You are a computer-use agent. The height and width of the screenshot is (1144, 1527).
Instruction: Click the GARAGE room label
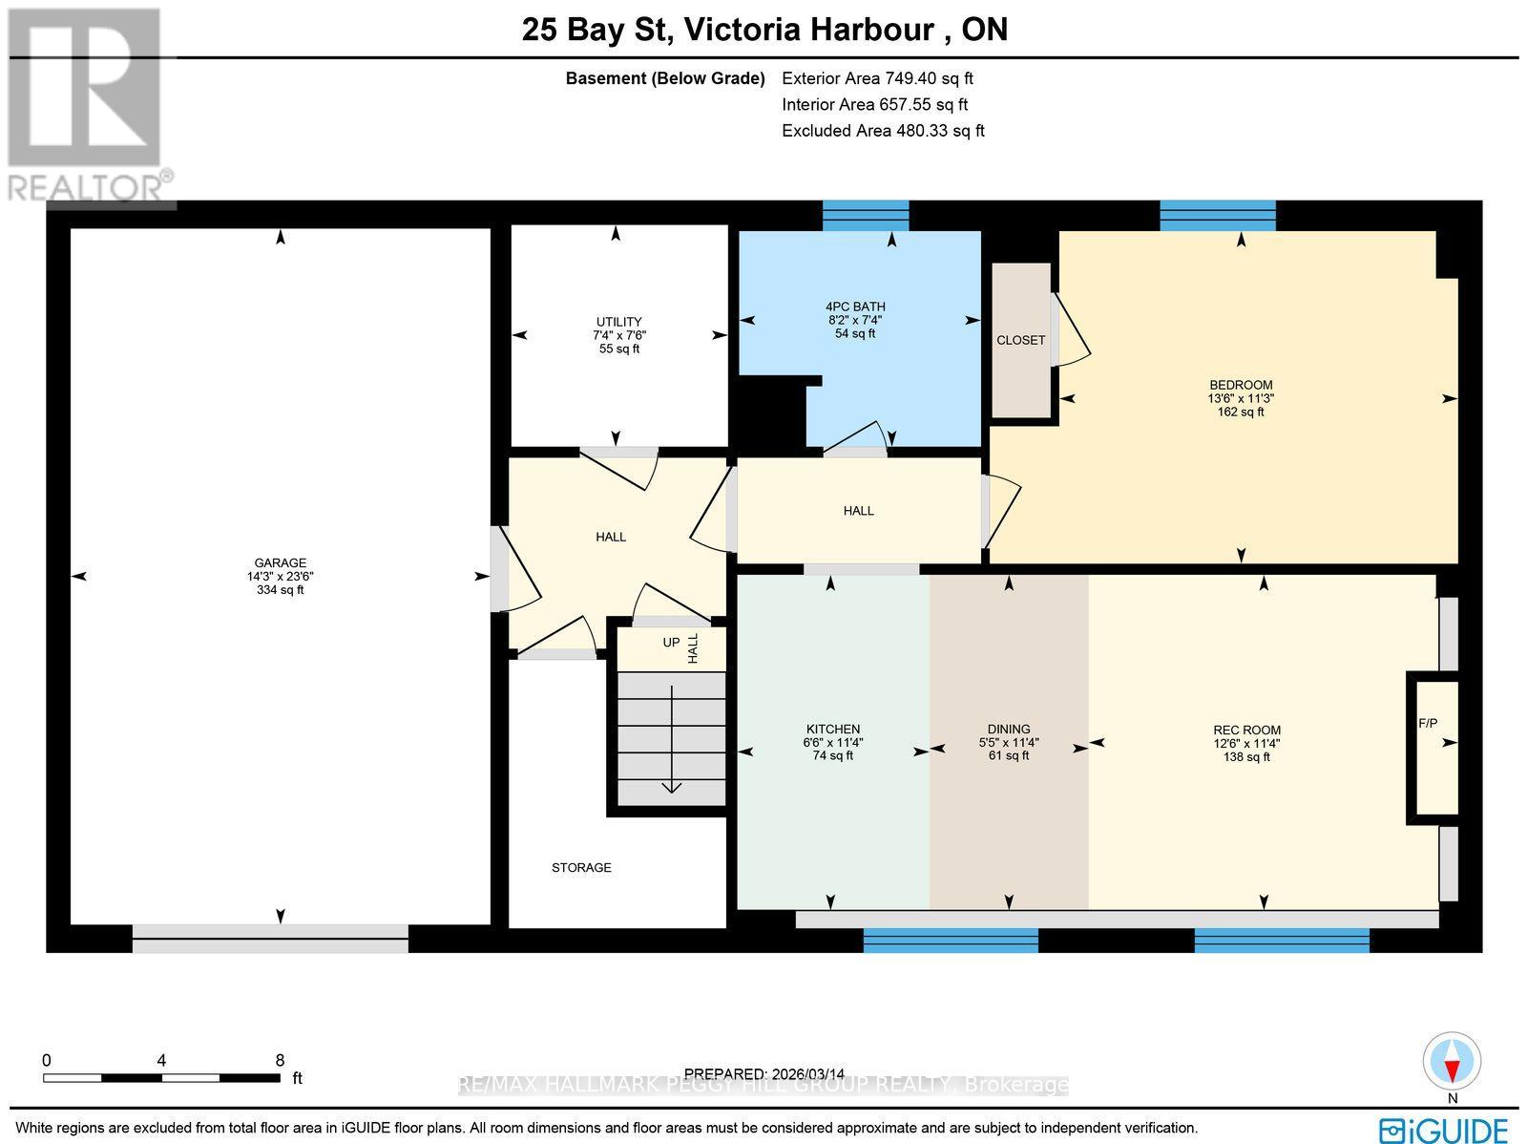[280, 563]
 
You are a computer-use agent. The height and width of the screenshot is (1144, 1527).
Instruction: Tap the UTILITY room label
[618, 322]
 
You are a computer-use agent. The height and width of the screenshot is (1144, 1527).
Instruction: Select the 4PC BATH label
[855, 307]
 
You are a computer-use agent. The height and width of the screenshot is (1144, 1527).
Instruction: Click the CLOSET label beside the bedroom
[1020, 341]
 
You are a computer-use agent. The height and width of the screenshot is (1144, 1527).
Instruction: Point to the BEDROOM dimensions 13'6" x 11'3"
[1241, 399]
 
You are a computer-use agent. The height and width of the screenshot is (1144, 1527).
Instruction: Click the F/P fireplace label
[1428, 724]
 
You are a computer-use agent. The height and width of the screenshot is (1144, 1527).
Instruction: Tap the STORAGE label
[581, 868]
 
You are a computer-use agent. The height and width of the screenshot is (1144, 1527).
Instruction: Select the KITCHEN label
[832, 729]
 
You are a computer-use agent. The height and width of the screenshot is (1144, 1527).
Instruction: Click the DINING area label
[1009, 729]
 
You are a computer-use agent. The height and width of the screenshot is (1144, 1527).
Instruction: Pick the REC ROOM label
[1246, 731]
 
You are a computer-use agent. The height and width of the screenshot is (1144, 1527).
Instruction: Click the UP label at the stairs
[671, 643]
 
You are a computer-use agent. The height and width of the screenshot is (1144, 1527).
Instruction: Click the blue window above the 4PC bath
[866, 216]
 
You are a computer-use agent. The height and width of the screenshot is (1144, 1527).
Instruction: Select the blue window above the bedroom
[1217, 216]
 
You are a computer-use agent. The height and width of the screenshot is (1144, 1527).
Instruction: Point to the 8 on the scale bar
[279, 1060]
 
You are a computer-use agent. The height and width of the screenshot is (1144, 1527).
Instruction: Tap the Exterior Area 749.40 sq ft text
[877, 79]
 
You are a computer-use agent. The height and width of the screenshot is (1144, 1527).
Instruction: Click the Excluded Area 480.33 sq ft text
[883, 131]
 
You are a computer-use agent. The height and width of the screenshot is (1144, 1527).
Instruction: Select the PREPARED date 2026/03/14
[764, 1074]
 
